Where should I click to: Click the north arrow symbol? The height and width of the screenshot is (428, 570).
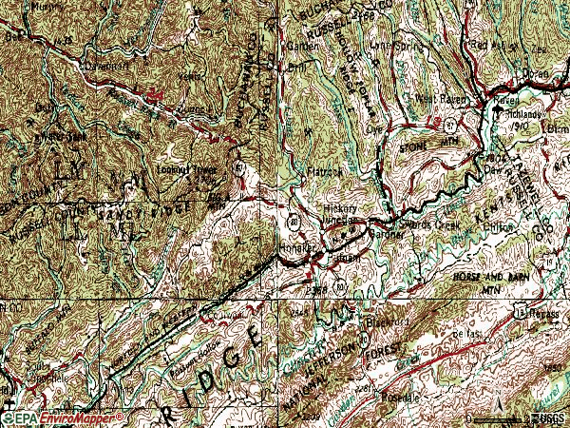point(496,411)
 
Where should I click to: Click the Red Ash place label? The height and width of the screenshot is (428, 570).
point(483,45)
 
